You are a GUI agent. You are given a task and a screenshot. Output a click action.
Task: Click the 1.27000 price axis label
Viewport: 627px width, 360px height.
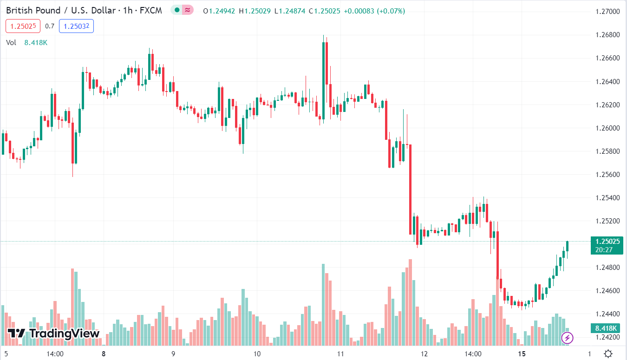607,12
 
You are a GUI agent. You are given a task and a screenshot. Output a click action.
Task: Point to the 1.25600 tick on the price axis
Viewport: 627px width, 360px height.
607,175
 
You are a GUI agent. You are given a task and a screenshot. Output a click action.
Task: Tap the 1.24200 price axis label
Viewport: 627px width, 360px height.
607,337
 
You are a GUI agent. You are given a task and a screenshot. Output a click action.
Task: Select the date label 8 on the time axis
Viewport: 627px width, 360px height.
104,353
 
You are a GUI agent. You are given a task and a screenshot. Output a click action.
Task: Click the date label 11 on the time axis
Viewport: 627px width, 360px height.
340,353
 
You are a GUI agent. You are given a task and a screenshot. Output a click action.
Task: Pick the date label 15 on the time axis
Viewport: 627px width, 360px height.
522,353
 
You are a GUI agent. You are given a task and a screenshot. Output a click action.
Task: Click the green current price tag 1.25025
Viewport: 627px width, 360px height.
605,241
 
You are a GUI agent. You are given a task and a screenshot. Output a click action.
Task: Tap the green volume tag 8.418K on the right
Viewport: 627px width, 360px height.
605,328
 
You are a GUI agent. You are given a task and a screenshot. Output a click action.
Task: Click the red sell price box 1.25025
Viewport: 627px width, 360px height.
23,26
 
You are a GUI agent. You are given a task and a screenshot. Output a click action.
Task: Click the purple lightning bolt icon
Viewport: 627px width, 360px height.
567,337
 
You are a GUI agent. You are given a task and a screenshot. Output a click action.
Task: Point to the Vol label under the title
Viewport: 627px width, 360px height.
11,43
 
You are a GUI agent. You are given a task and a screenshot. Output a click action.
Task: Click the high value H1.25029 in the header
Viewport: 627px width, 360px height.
255,11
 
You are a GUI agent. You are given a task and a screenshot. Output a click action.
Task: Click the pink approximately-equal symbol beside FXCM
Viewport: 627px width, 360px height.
188,10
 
